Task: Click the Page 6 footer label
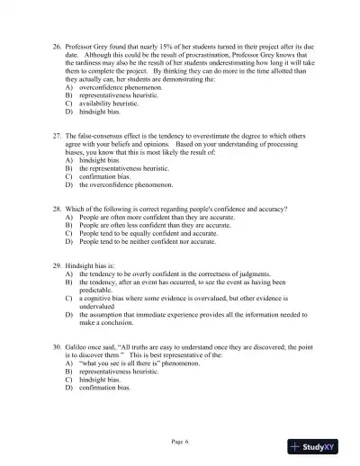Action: coord(179,442)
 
